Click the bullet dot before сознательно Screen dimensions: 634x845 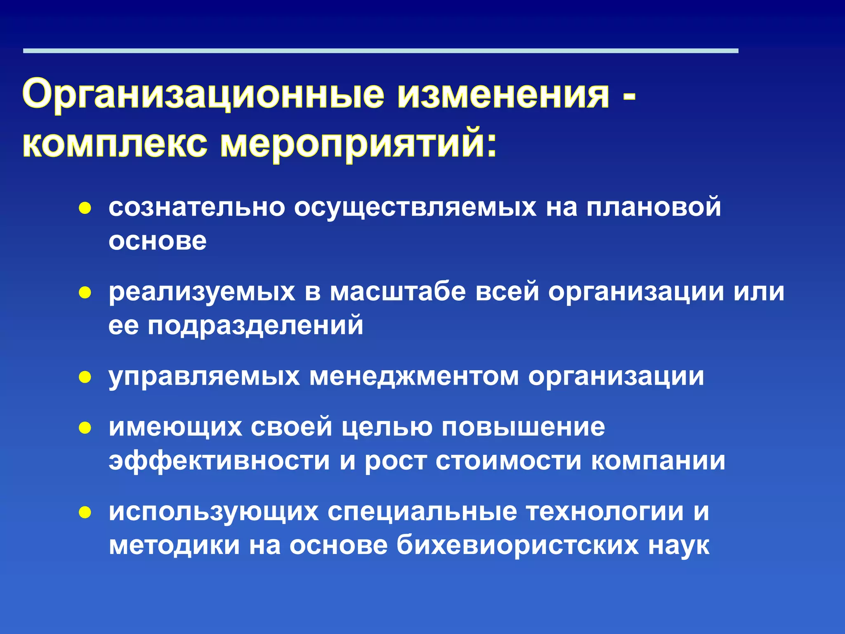pos(85,208)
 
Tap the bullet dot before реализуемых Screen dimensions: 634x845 pos(85,293)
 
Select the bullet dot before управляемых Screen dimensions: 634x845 pos(85,377)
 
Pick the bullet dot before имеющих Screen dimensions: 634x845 pos(85,428)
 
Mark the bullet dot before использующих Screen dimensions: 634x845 pos(85,513)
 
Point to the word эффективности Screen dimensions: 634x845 pos(219,461)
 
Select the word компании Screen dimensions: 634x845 pos(658,461)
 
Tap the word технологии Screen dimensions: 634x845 pos(604,512)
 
